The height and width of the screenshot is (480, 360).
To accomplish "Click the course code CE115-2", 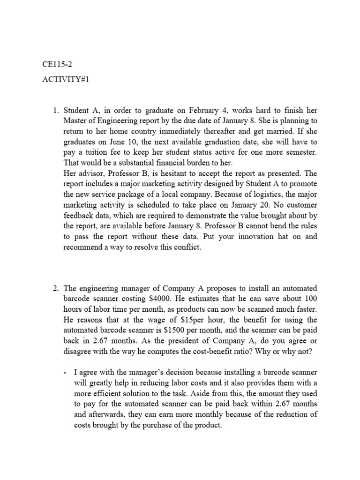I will (56, 65).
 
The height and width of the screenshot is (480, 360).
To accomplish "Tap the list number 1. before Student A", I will (55, 111).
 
